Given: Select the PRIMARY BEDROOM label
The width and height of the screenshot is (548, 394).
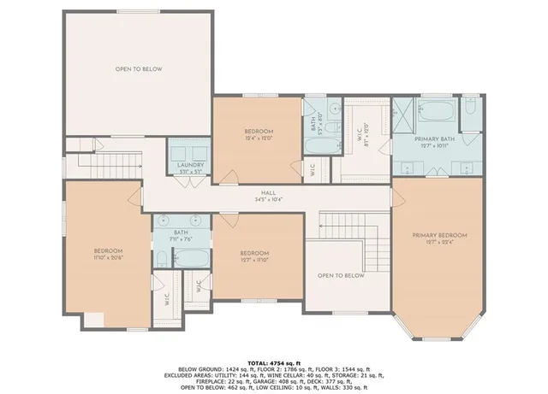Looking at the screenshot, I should coord(439,234).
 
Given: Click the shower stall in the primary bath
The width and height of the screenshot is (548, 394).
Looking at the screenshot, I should coord(402,114).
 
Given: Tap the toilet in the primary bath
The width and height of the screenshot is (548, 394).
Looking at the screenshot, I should coord(470,108).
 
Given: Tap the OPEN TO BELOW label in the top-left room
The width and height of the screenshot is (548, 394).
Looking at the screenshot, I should coord(139,68).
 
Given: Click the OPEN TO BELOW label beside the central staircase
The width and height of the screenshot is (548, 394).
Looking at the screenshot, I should coord(341,275).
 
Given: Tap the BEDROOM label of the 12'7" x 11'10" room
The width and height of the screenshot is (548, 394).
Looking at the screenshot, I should coord(255,252).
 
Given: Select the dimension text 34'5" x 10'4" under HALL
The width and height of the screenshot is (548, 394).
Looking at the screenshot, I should coord(269,200).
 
